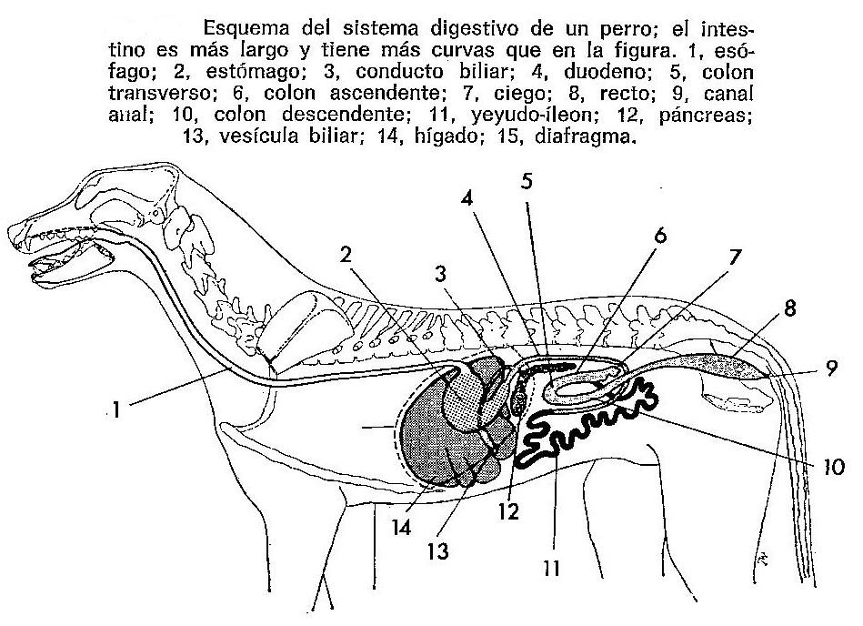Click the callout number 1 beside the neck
click(115, 412)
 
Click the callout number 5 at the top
click(527, 180)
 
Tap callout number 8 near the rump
click(789, 309)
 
